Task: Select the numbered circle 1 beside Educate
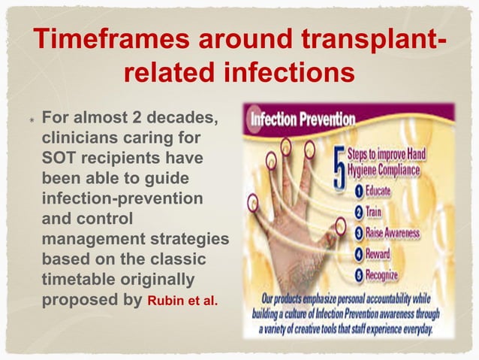pyautogui.click(x=360, y=191)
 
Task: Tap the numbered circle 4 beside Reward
pyautogui.click(x=360, y=254)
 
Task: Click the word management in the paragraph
pyautogui.click(x=85, y=238)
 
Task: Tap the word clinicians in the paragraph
pyautogui.click(x=79, y=139)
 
